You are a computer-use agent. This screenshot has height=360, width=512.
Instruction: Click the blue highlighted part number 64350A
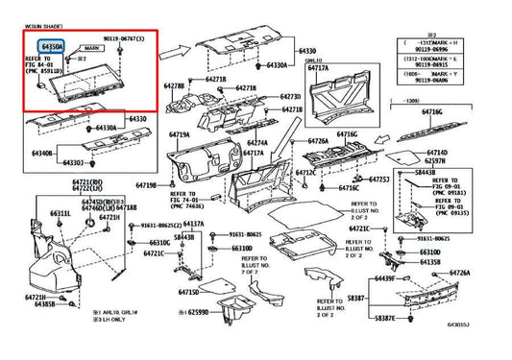coord(52,45)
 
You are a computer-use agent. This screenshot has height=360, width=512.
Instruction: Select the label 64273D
coord(290,97)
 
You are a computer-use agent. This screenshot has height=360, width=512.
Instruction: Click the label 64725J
coord(378,180)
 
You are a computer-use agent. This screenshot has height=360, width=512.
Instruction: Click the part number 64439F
coord(384,277)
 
